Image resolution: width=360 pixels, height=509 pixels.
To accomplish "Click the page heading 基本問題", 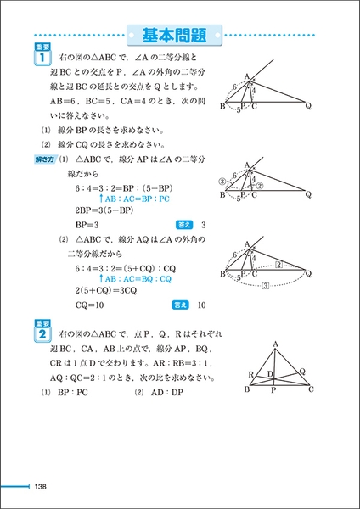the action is coord(179,36).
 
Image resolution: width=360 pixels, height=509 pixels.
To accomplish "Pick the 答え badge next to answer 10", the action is coord(180,305).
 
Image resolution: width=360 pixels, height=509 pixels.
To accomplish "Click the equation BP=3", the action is coord(88,225).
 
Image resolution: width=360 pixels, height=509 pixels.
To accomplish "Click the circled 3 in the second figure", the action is coord(225,181).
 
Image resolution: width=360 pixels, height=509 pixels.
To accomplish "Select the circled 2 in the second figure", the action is coord(262,186).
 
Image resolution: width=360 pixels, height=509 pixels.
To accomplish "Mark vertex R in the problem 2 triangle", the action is coord(251,373).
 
